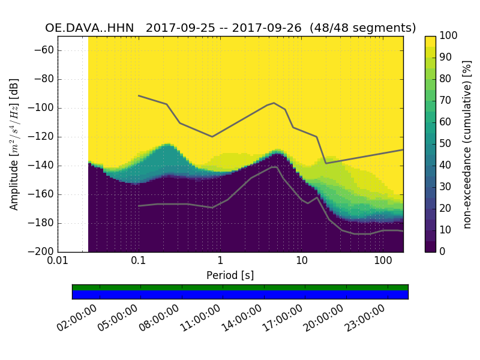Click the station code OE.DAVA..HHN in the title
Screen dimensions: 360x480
[91, 28]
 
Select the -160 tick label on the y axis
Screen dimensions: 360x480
[43, 194]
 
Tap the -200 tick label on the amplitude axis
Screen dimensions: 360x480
[43, 252]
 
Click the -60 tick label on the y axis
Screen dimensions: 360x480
[46, 50]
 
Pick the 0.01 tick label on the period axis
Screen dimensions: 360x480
[58, 261]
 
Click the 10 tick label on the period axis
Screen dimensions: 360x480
[302, 261]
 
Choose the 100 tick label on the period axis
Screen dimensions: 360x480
[383, 261]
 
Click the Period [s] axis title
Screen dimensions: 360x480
[230, 275]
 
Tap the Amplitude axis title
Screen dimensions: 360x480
[14, 144]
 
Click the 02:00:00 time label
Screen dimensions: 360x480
[77, 318]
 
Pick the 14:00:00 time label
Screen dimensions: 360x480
[242, 318]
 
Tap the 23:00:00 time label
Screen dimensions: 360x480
[365, 318]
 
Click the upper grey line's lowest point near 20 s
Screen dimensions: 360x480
[326, 163]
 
